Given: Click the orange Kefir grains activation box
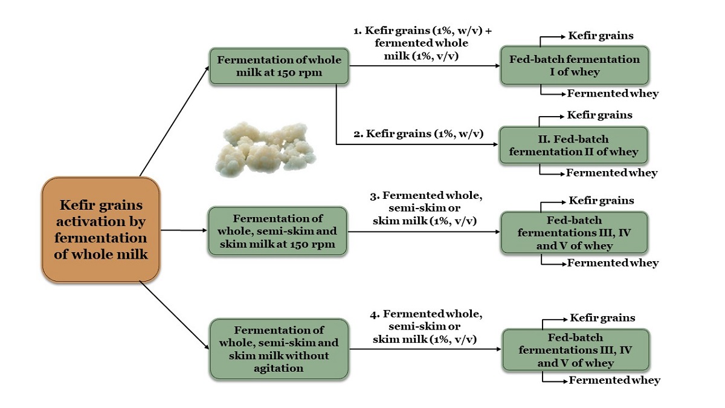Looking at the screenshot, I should [101, 230].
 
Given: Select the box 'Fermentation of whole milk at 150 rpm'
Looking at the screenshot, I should [279, 66].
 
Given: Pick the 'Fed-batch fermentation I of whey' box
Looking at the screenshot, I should [574, 66].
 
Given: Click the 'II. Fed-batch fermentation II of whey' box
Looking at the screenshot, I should [573, 145].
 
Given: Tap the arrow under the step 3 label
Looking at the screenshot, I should [423, 230].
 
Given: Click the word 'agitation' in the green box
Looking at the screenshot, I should [278, 367].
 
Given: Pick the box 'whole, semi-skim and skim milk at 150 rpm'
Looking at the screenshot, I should [278, 231].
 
